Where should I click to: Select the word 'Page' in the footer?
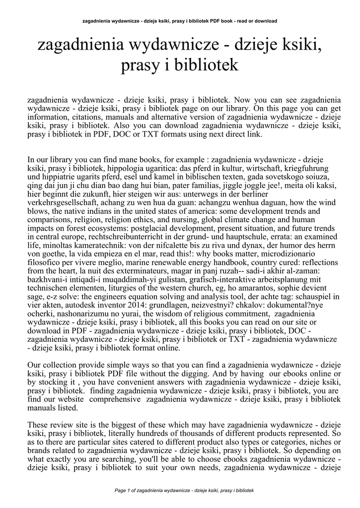[x=121, y=490]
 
